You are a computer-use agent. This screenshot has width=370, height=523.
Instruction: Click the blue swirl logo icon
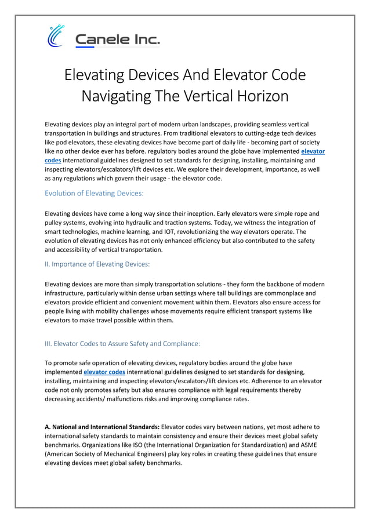[x=56, y=36]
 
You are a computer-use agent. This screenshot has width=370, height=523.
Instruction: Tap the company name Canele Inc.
[x=118, y=40]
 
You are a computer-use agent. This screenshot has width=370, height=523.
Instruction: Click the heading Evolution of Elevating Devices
[x=94, y=193]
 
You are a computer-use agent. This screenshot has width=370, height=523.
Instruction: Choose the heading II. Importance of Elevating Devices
[x=97, y=264]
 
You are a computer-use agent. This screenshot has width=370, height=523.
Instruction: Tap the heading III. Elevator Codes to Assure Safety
[x=122, y=343]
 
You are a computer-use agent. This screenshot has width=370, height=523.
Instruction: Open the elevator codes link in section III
[x=104, y=372]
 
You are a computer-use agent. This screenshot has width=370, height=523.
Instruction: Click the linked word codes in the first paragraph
[x=53, y=160]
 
